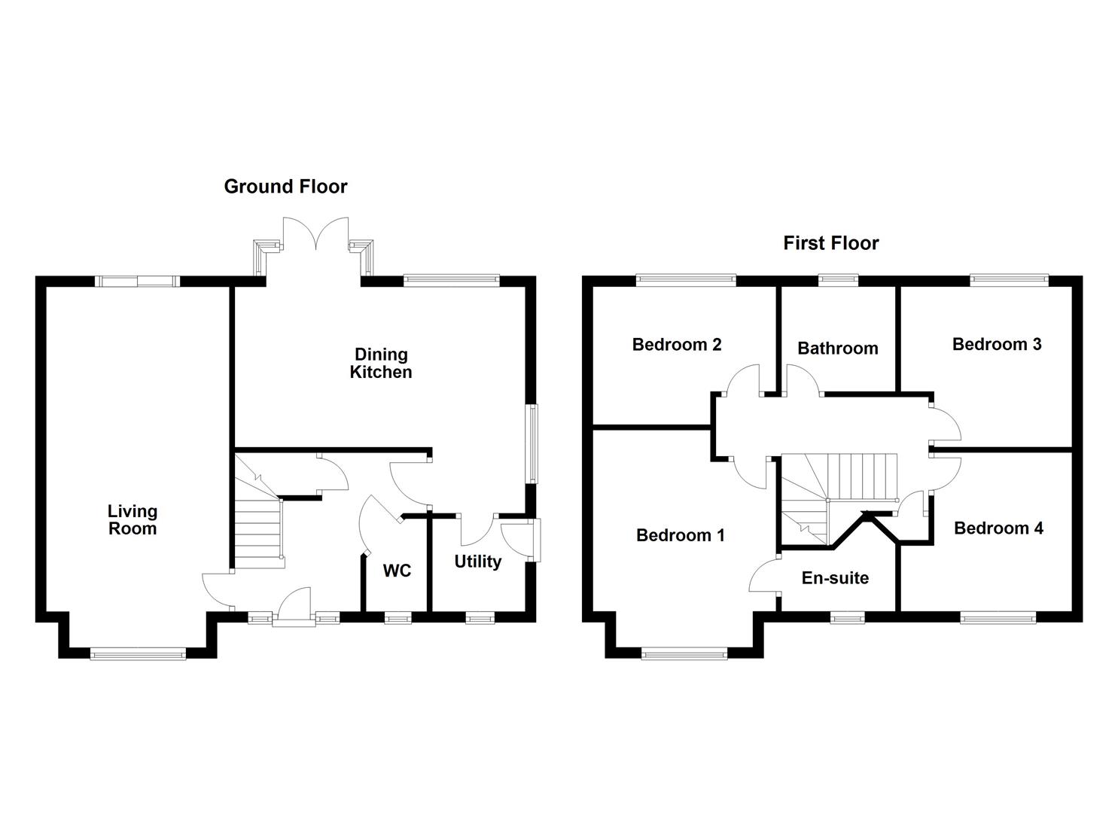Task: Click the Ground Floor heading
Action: click(285, 187)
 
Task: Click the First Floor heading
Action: click(830, 243)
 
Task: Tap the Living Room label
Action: click(133, 520)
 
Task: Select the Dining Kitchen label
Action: click(381, 363)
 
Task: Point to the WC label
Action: click(397, 571)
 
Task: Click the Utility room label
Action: click(477, 562)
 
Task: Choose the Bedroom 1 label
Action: click(680, 535)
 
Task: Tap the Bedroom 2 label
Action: click(677, 345)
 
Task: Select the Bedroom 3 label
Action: click(996, 344)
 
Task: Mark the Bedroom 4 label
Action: click(998, 528)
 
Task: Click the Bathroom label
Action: click(837, 348)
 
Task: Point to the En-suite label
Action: click(835, 578)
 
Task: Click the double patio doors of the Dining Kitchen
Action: click(316, 233)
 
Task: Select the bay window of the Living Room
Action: click(138, 653)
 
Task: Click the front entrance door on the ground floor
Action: click(294, 607)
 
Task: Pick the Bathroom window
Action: click(836, 281)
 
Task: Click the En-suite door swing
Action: click(764, 576)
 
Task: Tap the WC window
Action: click(398, 618)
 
